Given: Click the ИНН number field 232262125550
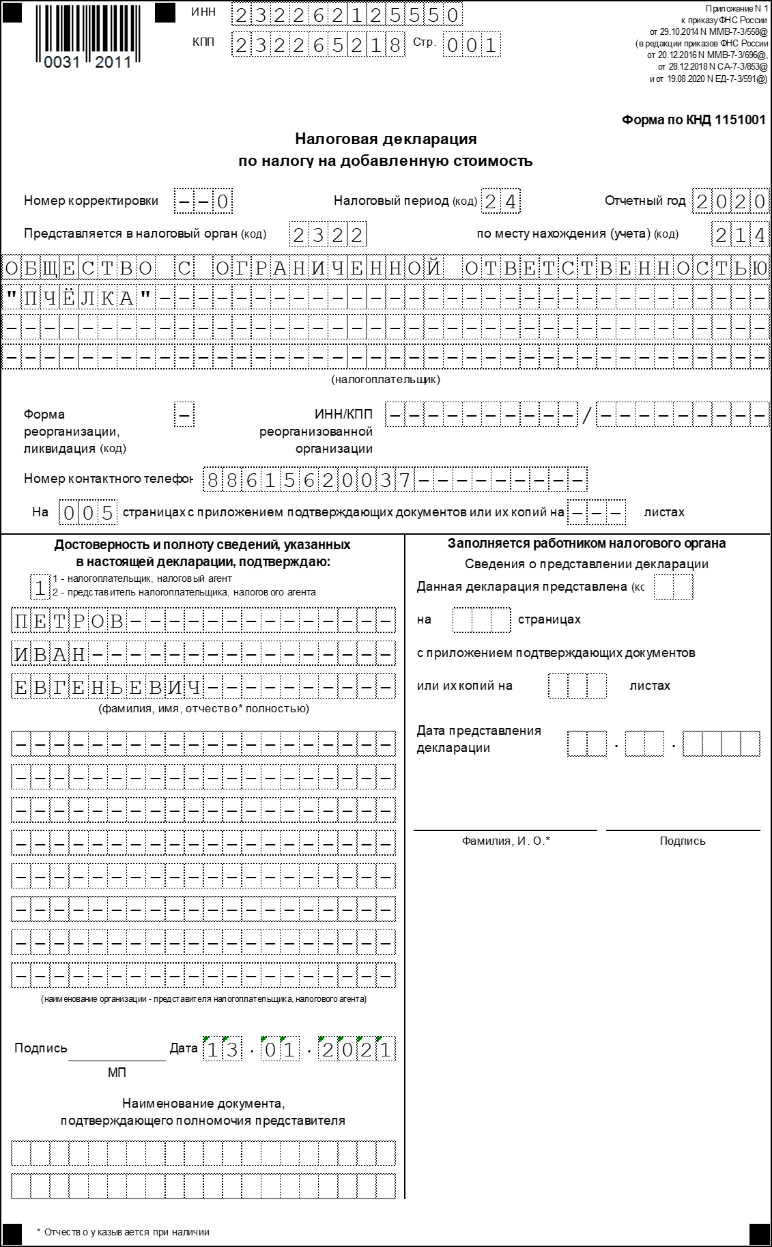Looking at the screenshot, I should point(346,15).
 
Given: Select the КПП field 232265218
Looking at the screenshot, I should point(317,45).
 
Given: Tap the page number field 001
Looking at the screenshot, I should point(471,46).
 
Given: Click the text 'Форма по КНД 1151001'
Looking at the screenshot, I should point(694,120).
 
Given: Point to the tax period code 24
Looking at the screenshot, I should point(501,201).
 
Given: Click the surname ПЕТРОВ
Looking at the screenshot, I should point(69,621).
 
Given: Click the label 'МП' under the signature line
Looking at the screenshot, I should point(117,1073).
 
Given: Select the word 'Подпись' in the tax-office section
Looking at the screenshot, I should point(683,841).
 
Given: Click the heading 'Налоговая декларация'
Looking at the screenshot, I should point(386,139).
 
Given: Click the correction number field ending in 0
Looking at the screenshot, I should point(203,201).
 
